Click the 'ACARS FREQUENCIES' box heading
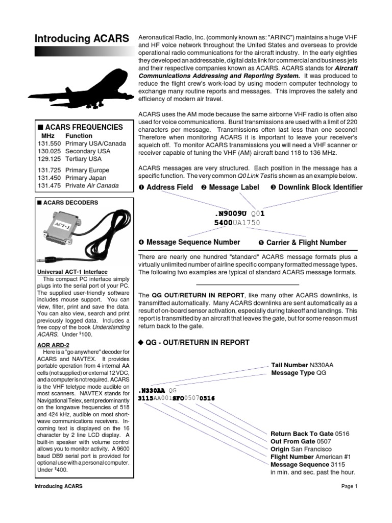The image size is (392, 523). coord(80,127)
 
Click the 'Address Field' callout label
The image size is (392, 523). coord(165,187)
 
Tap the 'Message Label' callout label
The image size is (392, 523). coord(230,187)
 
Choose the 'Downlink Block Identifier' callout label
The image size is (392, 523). coord(316,187)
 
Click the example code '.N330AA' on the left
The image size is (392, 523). coord(151,390)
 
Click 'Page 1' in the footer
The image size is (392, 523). coord(349,486)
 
